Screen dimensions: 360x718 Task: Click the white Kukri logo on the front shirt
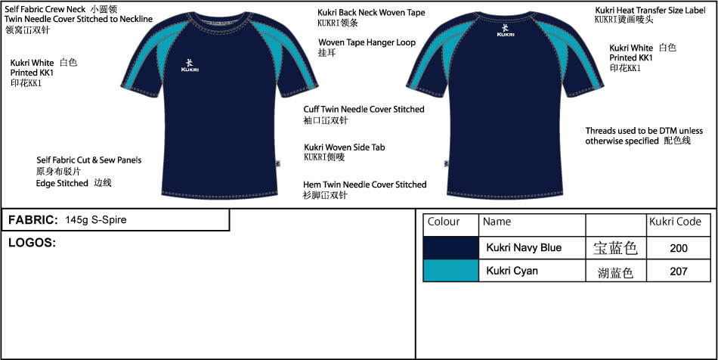click(189, 65)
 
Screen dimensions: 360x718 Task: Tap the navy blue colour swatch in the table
click(450, 247)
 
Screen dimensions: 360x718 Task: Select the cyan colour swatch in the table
click(450, 270)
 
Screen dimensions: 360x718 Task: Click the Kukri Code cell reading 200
click(678, 248)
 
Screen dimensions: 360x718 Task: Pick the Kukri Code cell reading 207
click(678, 270)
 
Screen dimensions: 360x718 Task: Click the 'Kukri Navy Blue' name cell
click(524, 248)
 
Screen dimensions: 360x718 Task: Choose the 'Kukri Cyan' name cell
click(512, 270)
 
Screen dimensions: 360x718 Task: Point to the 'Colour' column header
click(444, 222)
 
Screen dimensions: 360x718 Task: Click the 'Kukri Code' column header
click(675, 222)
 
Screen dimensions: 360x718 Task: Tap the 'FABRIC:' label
click(33, 220)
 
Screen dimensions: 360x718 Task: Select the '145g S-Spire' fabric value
click(96, 220)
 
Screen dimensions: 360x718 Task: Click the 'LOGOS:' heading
click(32, 243)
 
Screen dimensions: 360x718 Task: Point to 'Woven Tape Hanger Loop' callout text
click(367, 42)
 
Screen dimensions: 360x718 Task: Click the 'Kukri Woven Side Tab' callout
click(344, 147)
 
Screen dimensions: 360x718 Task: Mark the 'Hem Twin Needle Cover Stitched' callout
click(364, 185)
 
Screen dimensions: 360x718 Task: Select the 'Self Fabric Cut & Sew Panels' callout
click(88, 160)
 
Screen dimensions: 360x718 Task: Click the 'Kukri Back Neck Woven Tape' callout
click(371, 13)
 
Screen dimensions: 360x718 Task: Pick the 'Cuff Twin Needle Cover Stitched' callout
click(364, 110)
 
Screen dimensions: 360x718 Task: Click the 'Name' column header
click(497, 222)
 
